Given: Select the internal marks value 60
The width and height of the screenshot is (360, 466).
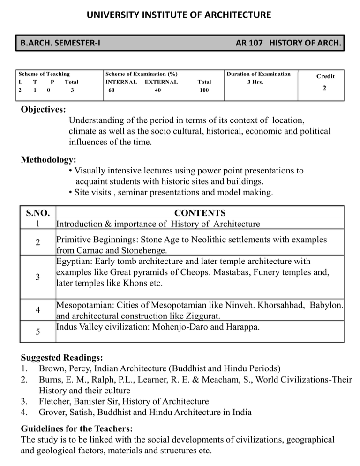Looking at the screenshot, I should point(111,90).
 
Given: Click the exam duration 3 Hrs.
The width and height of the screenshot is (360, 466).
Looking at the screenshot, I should point(255,82).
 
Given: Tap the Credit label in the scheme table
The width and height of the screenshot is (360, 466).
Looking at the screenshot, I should point(325,76).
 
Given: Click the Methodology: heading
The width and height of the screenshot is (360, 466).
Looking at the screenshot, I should point(49,160).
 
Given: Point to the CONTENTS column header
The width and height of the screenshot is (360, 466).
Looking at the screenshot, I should point(200,213).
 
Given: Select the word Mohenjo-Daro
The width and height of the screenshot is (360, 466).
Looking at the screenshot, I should point(180,326).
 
